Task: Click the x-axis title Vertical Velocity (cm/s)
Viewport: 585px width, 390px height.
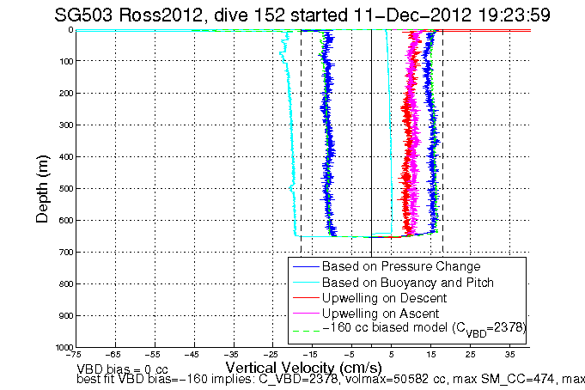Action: point(292,366)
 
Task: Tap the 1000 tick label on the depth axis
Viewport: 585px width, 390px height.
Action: point(61,347)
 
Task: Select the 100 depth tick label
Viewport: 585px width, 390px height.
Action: point(64,61)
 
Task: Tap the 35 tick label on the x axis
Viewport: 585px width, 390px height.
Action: point(509,354)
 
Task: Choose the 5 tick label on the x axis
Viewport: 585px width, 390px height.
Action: point(391,354)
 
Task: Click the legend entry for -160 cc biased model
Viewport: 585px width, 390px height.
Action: point(422,328)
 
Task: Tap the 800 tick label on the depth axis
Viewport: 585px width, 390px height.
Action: point(64,283)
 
